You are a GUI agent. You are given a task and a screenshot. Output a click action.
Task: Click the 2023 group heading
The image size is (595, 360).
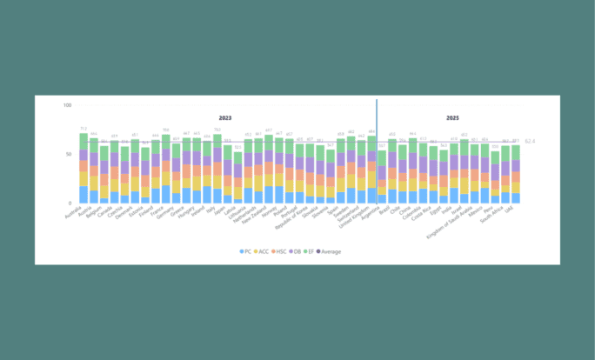pos(225,117)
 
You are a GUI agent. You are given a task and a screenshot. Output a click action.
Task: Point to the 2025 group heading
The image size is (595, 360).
pos(453,117)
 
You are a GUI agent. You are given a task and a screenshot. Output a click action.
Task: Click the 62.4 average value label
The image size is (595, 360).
pos(529,141)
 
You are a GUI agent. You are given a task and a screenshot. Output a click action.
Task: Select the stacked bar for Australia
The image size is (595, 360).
pos(84,170)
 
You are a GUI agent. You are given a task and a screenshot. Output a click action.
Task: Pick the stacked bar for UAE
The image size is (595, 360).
pos(516,174)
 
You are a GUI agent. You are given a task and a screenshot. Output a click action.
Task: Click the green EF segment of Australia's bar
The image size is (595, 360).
pos(84,140)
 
